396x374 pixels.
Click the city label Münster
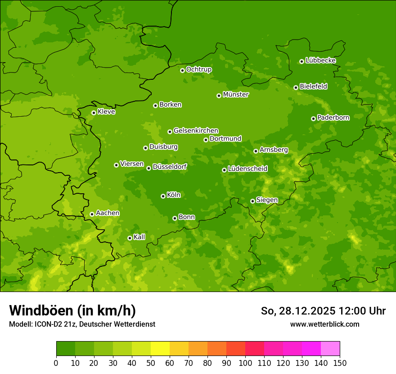[x=235, y=95]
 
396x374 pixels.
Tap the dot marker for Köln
[x=163, y=196]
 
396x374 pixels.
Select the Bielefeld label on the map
[x=313, y=87]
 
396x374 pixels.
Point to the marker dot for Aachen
[x=92, y=214]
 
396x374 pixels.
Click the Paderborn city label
[x=333, y=118]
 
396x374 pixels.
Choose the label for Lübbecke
[x=320, y=60]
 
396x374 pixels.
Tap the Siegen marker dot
[x=252, y=201]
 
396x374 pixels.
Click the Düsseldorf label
[x=170, y=167]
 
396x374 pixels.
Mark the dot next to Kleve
[x=94, y=113]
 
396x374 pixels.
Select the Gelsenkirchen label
[x=196, y=131]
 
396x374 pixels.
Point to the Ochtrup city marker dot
[x=182, y=70]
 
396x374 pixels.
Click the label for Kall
[x=139, y=237]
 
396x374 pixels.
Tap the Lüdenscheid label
[x=247, y=169]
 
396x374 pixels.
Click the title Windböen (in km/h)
[x=72, y=310]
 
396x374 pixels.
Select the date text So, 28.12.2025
[x=297, y=311]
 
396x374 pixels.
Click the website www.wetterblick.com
[x=324, y=324]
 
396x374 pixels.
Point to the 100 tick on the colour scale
[x=245, y=363]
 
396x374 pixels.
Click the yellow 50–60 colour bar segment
[x=160, y=349]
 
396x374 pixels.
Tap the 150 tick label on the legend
[x=340, y=363]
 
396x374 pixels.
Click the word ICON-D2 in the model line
[x=47, y=324]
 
